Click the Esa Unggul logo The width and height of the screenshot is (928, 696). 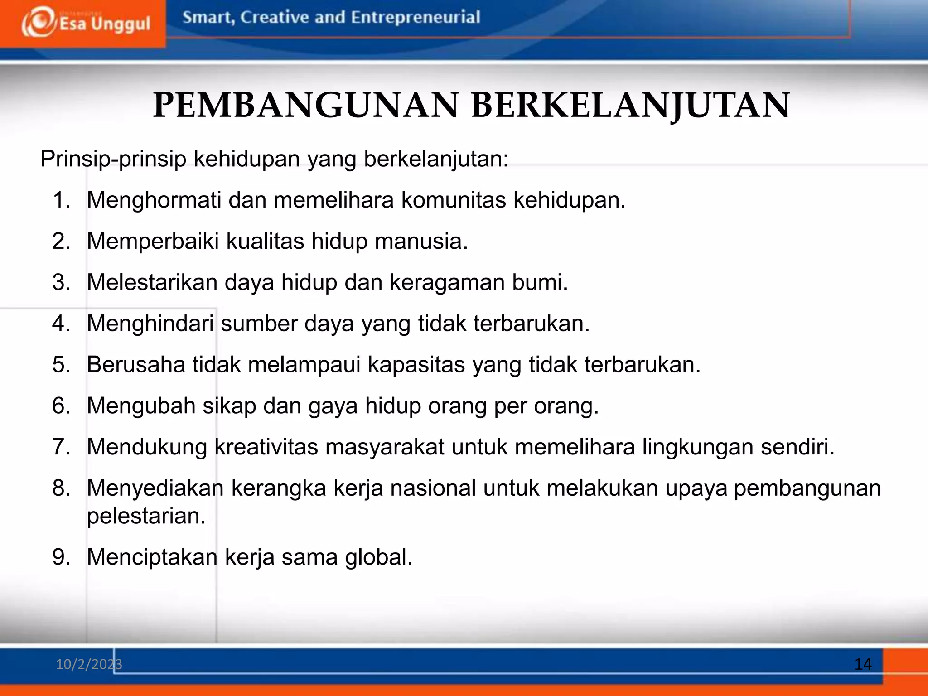point(85,23)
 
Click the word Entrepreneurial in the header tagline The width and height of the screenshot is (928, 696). point(415,18)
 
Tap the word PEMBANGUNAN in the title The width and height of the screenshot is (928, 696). point(306,106)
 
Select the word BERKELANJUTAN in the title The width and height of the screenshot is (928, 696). point(631,106)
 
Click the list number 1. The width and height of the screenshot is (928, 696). point(61,200)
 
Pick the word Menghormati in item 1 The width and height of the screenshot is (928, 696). point(154,200)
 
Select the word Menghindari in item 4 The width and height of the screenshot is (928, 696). point(150,324)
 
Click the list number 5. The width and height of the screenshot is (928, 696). point(61,365)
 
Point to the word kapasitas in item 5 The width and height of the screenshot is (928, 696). point(416,365)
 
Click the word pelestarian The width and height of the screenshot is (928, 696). point(146,516)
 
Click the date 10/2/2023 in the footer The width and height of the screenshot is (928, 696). point(89,664)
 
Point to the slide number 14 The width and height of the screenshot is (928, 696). point(863,664)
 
